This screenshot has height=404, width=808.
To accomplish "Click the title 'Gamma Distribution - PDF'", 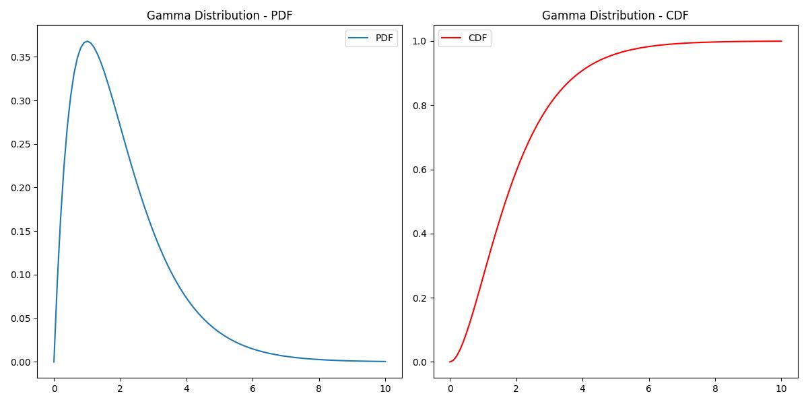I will coord(220,15).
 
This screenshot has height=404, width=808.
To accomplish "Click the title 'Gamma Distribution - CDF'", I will coord(615,15).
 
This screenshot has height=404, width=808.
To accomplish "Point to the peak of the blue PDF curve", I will coord(87,41).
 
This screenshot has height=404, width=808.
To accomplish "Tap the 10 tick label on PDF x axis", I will coord(385,388).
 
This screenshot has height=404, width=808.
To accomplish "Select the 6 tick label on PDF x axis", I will coord(252,388).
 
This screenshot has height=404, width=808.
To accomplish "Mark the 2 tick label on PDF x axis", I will coord(120,388).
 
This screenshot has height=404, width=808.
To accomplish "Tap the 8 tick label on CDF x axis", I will coord(715,388).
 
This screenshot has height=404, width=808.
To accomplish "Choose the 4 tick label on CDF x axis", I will coord(582,388).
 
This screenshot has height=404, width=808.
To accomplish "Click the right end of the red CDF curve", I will coord(781,41).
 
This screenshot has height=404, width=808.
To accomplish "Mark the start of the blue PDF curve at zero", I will coord(54,362).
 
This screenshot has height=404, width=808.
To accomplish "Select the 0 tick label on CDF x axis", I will coord(450,388).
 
